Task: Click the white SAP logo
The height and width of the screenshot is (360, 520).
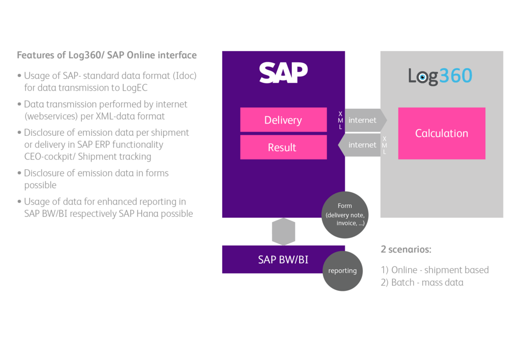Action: pyautogui.click(x=283, y=73)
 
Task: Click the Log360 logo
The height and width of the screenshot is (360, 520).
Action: pyautogui.click(x=440, y=76)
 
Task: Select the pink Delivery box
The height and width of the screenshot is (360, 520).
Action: pyautogui.click(x=283, y=120)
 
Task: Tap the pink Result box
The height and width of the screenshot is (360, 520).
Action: pyautogui.click(x=283, y=147)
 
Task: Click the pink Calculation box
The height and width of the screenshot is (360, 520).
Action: pyautogui.click(x=442, y=133)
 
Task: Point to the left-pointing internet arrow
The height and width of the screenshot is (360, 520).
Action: pyautogui.click(x=361, y=145)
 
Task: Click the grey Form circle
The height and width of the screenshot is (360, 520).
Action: pyautogui.click(x=345, y=214)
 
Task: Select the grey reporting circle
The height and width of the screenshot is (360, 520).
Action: pyautogui.click(x=342, y=271)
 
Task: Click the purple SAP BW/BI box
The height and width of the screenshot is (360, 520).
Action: pyautogui.click(x=275, y=259)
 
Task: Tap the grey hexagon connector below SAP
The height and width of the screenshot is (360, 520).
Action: pyautogui.click(x=284, y=231)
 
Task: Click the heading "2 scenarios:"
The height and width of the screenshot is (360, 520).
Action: pyautogui.click(x=406, y=249)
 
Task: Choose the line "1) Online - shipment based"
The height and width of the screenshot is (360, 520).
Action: pyautogui.click(x=435, y=270)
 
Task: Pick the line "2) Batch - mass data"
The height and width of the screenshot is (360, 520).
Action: pyautogui.click(x=422, y=283)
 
